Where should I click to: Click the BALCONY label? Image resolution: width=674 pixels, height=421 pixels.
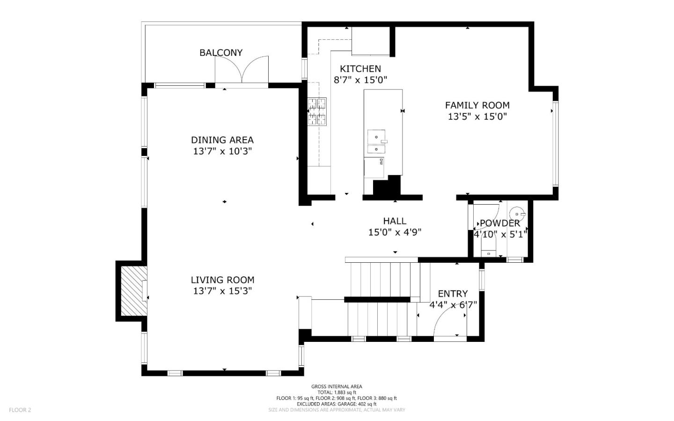(221, 52)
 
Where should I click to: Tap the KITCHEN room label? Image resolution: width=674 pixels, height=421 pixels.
(360, 68)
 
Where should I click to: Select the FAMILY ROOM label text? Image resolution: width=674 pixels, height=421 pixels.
(477, 105)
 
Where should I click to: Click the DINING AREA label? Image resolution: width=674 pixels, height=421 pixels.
(222, 140)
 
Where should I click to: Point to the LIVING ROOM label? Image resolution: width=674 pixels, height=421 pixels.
(222, 280)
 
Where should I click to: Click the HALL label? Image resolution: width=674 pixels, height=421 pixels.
(395, 221)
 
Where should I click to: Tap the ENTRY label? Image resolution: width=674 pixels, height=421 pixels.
(452, 294)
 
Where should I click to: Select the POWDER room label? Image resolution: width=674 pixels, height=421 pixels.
(499, 223)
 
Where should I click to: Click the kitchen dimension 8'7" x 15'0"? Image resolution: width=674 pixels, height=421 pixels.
(360, 80)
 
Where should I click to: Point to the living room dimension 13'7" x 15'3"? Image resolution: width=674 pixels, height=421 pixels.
(222, 291)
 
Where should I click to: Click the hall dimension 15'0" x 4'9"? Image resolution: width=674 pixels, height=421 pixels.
(395, 232)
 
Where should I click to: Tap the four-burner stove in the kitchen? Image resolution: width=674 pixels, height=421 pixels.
(317, 111)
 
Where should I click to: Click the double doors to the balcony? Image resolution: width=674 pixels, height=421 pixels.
(242, 70)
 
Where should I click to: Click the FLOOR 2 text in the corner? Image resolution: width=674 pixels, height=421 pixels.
(20, 410)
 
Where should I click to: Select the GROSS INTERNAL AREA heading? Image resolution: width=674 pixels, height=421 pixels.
(337, 386)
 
